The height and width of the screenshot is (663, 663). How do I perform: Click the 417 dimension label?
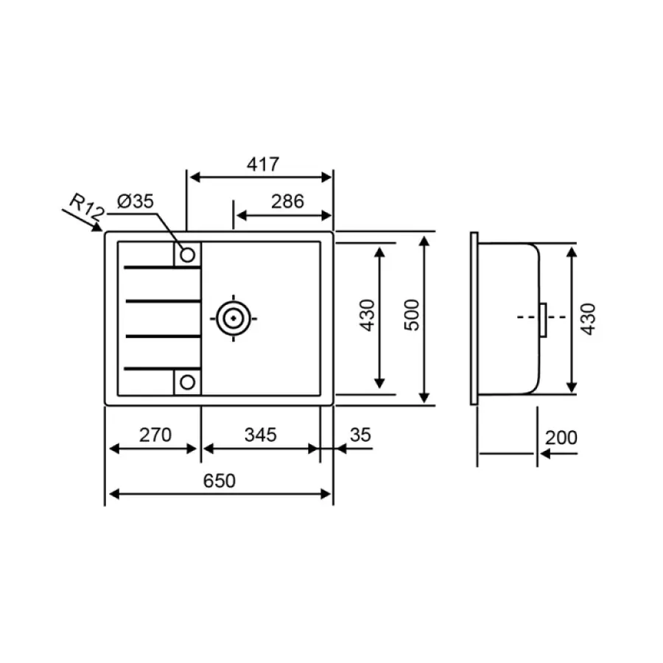263,164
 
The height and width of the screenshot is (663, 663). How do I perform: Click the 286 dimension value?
287,201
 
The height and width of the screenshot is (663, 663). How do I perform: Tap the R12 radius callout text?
85,206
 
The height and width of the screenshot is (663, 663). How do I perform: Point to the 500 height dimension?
412,315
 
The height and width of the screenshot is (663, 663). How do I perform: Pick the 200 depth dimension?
561,438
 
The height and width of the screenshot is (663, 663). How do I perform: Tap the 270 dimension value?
155,435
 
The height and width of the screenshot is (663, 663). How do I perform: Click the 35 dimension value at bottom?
359,435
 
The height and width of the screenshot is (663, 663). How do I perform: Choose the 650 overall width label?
219,481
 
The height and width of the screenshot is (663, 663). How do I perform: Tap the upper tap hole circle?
187,255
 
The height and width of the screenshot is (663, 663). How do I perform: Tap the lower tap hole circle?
187,382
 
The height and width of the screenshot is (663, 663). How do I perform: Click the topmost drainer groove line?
162,267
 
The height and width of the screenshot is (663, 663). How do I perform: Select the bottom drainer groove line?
162,368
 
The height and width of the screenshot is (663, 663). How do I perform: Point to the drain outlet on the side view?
543,318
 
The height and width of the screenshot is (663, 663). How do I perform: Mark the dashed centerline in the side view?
529,318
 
